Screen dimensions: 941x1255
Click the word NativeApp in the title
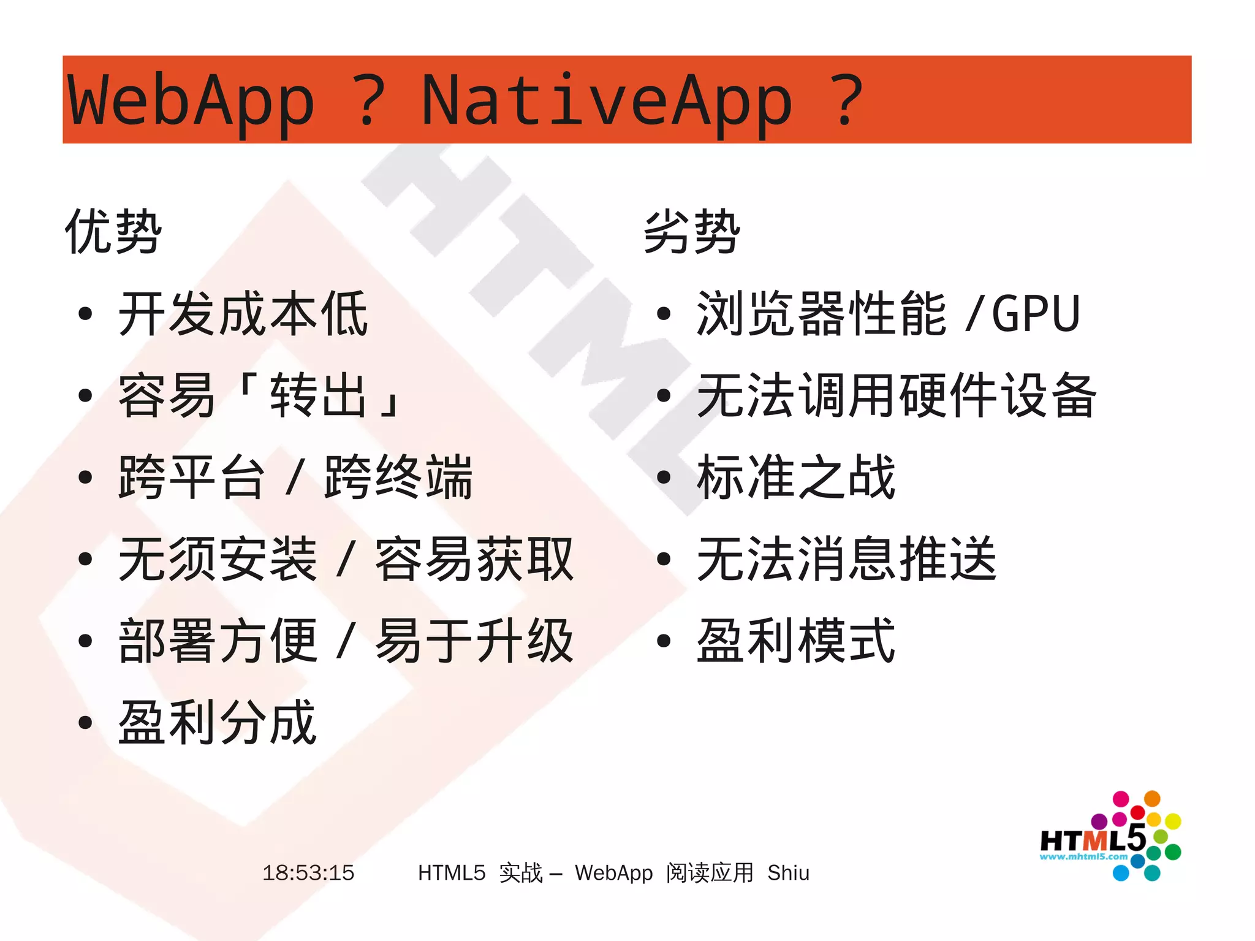607,100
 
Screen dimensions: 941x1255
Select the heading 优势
113,232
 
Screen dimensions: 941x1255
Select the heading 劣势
692,232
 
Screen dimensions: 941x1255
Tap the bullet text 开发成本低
243,314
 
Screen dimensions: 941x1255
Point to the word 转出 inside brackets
319,395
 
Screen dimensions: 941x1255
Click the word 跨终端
399,477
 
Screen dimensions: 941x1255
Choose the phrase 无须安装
218,558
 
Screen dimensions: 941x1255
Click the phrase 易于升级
474,641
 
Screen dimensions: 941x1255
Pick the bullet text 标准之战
796,477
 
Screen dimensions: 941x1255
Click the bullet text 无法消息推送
846,558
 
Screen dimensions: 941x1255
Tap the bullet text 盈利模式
796,641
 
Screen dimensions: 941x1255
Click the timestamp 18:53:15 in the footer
308,872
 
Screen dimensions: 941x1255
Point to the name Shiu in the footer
788,872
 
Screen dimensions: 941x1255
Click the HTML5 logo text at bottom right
1092,839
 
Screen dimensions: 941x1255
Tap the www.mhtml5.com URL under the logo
1083,857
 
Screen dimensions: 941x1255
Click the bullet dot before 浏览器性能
663,314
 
